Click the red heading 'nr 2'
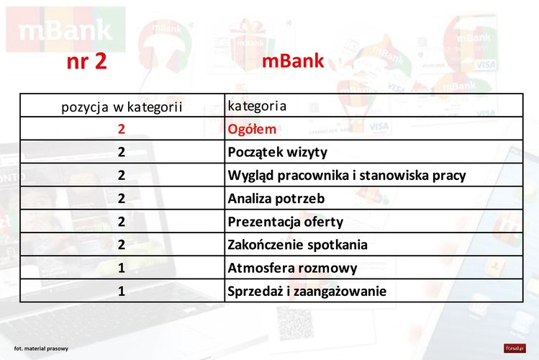(86, 61)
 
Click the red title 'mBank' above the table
(293, 61)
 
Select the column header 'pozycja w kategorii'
(121, 107)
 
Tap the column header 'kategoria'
(257, 106)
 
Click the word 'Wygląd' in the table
(250, 175)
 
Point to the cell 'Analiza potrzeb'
(276, 198)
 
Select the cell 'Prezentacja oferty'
(286, 221)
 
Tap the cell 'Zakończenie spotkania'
(297, 244)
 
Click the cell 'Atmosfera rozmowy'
(292, 268)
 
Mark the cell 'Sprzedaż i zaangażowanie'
(307, 291)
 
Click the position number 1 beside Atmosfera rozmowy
(122, 268)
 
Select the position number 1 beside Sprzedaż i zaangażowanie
(122, 291)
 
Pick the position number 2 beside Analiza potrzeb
(122, 198)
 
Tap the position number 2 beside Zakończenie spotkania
(122, 244)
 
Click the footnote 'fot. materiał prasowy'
(41, 348)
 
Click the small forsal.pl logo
(515, 348)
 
